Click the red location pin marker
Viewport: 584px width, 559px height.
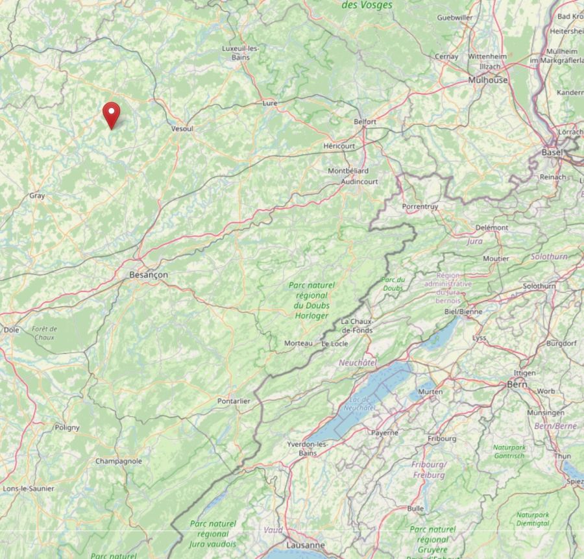pos(112,114)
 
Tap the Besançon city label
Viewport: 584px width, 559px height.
pos(149,275)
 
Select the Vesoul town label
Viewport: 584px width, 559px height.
pos(182,129)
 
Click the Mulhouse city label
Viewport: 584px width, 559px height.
pos(488,80)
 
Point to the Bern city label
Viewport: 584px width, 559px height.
pos(517,384)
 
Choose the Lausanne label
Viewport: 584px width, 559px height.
pos(305,545)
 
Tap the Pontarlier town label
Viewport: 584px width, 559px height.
pos(234,401)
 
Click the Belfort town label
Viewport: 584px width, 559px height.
pos(365,121)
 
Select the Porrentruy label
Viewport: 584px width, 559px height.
pos(420,206)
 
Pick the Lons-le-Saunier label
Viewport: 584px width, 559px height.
pos(29,488)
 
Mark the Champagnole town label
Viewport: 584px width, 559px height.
pos(119,461)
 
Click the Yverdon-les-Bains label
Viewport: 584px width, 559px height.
pos(308,448)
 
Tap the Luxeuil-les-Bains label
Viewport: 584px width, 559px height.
pos(241,53)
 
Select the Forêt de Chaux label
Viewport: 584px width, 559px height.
pos(45,333)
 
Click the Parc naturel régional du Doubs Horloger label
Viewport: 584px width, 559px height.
pos(312,300)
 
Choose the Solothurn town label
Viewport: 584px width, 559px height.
pos(539,286)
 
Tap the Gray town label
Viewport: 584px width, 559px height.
pos(37,195)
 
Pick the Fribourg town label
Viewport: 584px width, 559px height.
pos(442,439)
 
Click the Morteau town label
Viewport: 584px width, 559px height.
pos(298,343)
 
